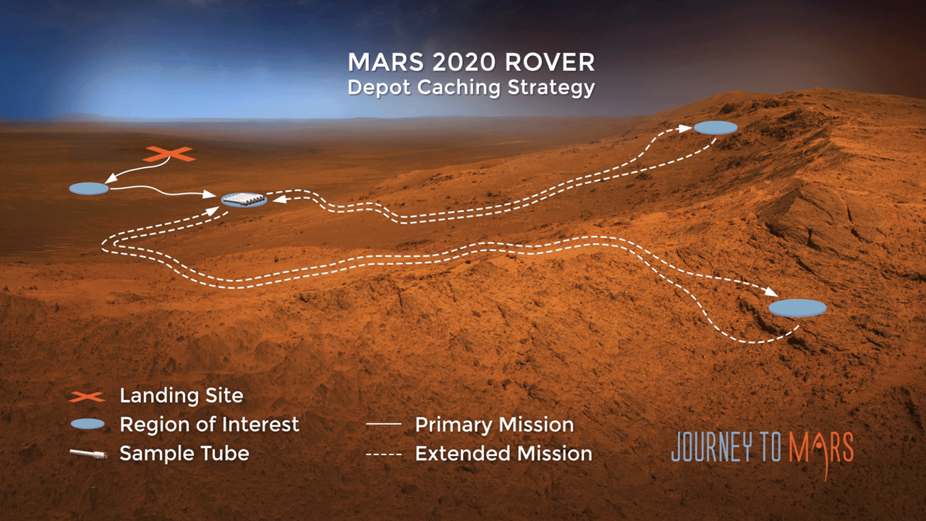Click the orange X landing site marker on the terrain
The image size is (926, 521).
click(169, 154)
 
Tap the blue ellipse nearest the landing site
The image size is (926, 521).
click(89, 189)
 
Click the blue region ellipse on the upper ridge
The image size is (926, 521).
click(715, 128)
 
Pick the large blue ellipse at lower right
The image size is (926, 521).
click(797, 308)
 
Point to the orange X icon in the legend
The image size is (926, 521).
click(88, 397)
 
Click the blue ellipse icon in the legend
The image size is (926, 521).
click(88, 424)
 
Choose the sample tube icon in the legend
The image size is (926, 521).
click(88, 454)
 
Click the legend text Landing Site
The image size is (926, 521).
click(181, 397)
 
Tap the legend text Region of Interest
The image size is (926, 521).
click(209, 424)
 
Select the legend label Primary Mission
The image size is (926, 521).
click(494, 425)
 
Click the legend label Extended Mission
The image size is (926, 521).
click(503, 454)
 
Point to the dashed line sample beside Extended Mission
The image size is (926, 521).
click(383, 454)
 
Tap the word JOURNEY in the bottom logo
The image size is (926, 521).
click(716, 448)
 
